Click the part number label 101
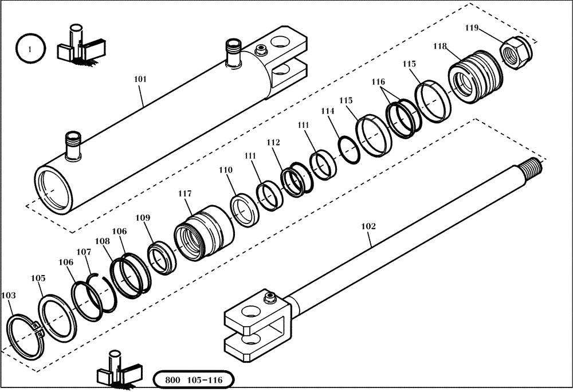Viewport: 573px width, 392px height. pyautogui.click(x=140, y=80)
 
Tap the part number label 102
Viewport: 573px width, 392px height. pyautogui.click(x=368, y=226)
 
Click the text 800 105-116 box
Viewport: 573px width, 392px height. pyautogui.click(x=194, y=380)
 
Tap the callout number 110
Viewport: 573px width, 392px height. pyautogui.click(x=226, y=170)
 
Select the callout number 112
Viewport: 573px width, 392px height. pyautogui.click(x=273, y=142)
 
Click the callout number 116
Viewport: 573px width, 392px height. pyautogui.click(x=378, y=82)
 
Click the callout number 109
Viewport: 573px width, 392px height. pyautogui.click(x=143, y=218)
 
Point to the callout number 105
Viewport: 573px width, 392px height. pyautogui.click(x=38, y=278)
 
